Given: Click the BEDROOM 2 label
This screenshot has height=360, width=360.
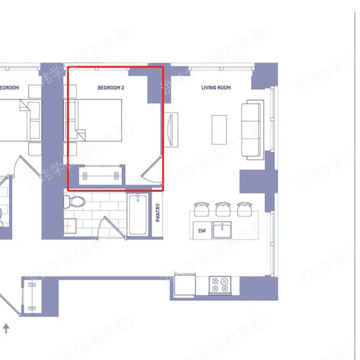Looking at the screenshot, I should coord(111,88).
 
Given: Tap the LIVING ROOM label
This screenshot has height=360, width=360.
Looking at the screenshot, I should coord(216,88).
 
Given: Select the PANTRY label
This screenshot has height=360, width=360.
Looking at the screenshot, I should coord(158,212).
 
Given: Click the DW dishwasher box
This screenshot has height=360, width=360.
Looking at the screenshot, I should coord(202,231).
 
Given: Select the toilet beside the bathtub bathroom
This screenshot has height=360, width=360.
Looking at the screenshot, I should coord(75,202).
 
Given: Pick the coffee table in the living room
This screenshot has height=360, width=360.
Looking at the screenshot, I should coord(219,129).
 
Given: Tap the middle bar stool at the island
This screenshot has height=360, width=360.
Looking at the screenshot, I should coord(223,209).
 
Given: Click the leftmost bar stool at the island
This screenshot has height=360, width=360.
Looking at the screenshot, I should coord(202,209).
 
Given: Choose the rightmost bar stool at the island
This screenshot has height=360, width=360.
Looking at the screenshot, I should coord(244,209).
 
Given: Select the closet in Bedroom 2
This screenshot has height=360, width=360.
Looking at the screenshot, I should coord(101,176).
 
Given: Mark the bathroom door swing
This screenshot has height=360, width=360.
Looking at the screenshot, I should coord(112,227).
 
